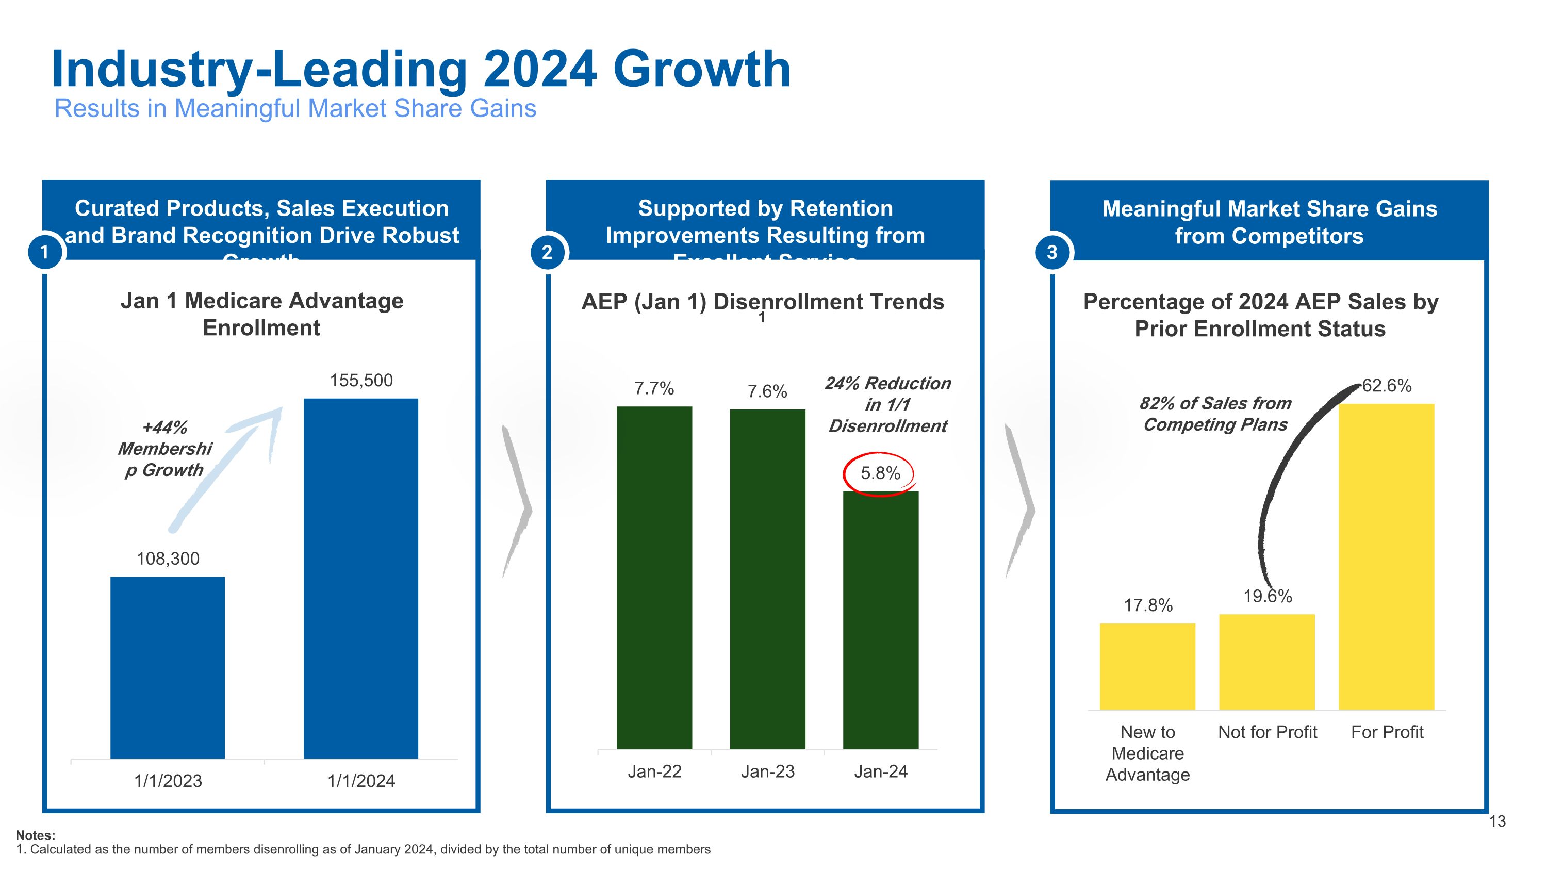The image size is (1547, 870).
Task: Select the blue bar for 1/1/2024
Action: pos(361,578)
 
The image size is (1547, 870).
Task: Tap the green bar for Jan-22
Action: pos(654,577)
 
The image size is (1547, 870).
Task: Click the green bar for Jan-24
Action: pos(880,620)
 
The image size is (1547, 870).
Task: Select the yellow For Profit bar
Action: pos(1386,556)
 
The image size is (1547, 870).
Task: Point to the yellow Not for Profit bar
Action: pos(1266,662)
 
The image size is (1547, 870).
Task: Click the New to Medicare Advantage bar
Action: pos(1147,666)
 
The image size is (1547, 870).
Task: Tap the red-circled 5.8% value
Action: pos(880,474)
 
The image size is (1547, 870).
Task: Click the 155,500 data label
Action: pos(361,380)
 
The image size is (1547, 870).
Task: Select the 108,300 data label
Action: pos(168,559)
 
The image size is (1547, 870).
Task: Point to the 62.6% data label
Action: pos(1386,385)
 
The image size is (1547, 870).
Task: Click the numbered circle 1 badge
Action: pos(44,252)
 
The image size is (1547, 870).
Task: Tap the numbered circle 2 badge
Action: pos(547,252)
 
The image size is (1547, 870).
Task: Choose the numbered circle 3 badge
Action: pos(1051,252)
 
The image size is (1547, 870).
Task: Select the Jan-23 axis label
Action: pos(767,771)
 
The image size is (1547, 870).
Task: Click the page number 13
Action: pos(1497,822)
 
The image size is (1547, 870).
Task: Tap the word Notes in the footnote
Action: pos(35,834)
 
